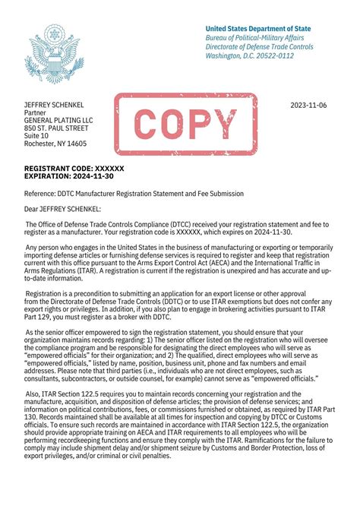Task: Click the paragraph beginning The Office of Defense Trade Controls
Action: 179,229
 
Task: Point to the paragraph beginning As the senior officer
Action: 179,366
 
